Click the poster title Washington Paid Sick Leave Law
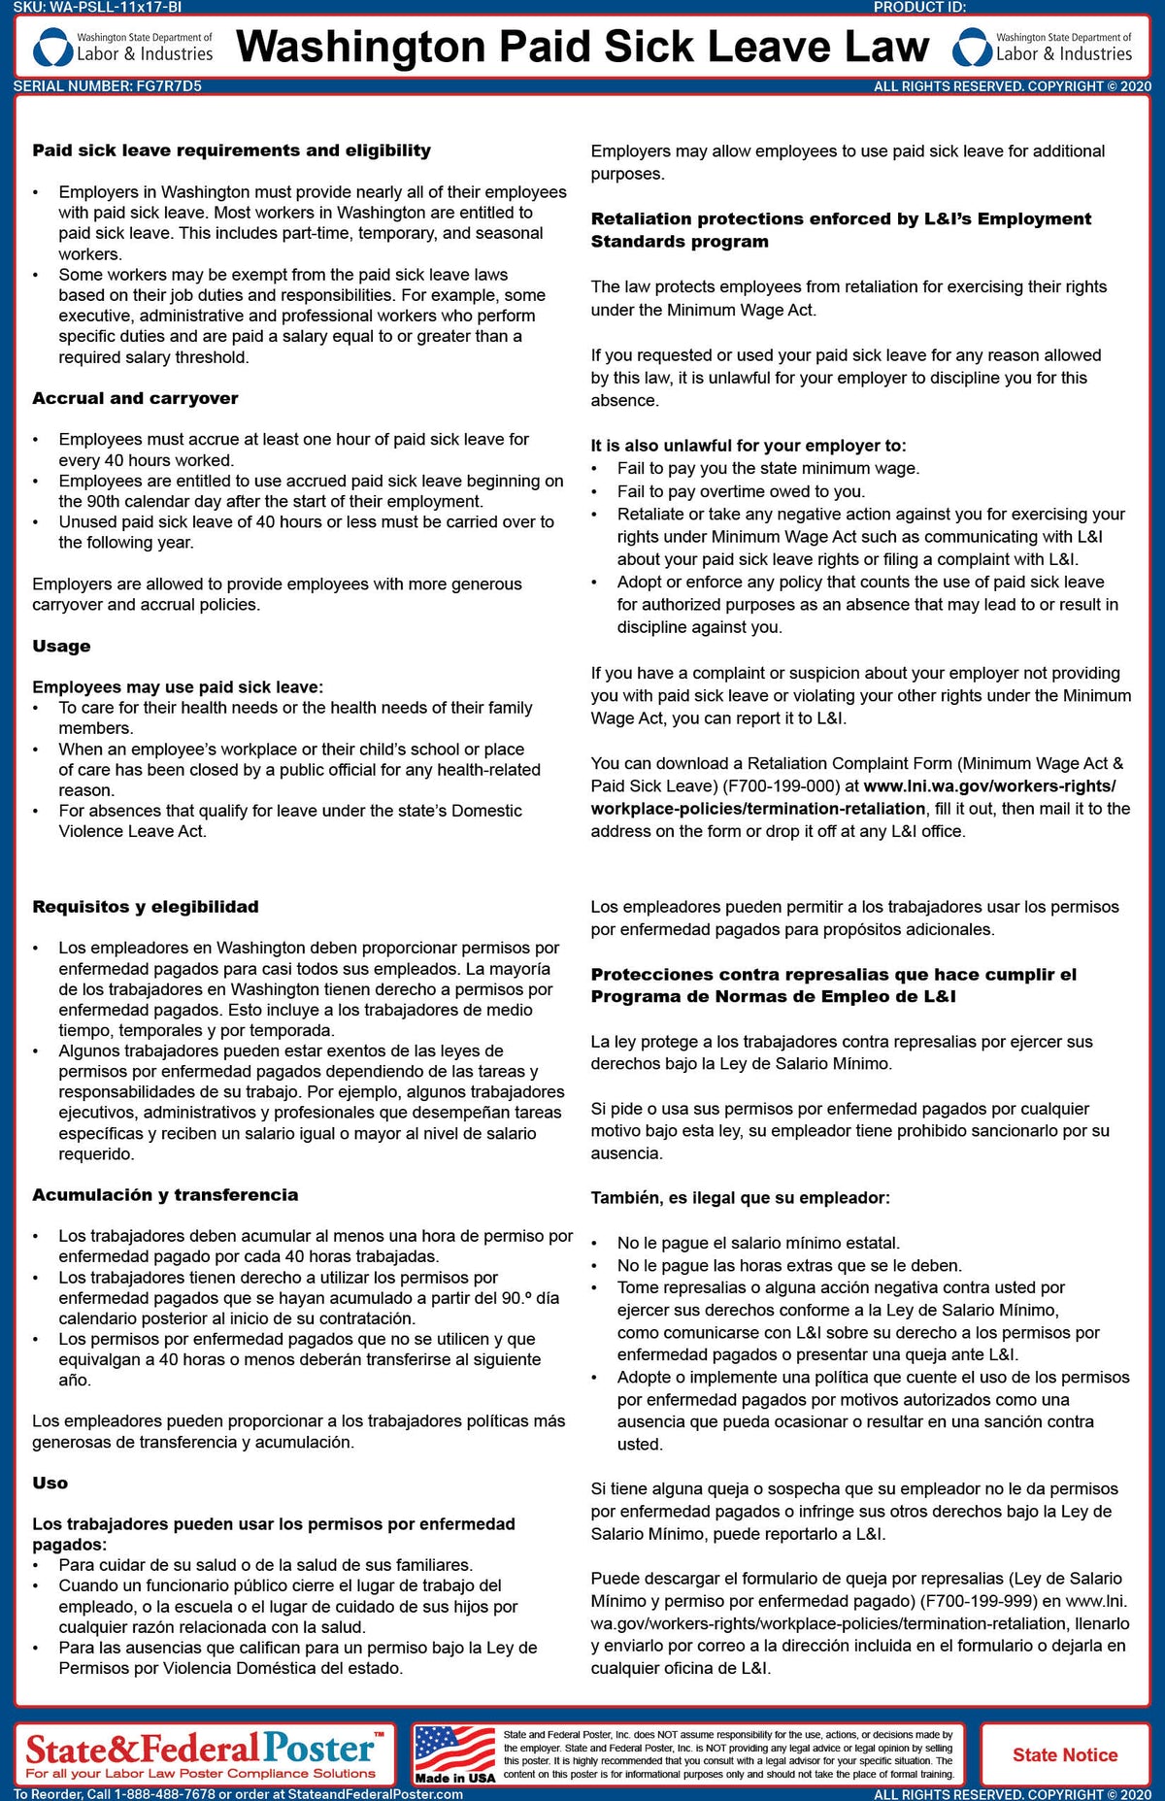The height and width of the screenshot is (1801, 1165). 582,47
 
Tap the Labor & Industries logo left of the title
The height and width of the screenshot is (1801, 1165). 123,47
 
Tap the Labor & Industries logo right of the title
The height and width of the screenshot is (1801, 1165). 1043,47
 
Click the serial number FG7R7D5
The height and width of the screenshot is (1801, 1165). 169,86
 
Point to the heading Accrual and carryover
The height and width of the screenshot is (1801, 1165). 135,398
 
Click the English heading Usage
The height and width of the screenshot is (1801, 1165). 61,646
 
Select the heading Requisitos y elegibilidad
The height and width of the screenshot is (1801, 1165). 146,907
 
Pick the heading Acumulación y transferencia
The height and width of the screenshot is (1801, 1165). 165,1195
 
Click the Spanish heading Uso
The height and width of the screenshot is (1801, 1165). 50,1483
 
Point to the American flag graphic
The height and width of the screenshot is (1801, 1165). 454,1750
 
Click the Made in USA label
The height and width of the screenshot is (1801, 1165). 454,1778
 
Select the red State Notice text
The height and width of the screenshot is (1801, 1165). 1065,1754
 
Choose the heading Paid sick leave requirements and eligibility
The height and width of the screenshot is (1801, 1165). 231,150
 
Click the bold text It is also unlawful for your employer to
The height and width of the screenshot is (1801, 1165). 748,446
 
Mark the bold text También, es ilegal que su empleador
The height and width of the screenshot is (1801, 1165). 740,1198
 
